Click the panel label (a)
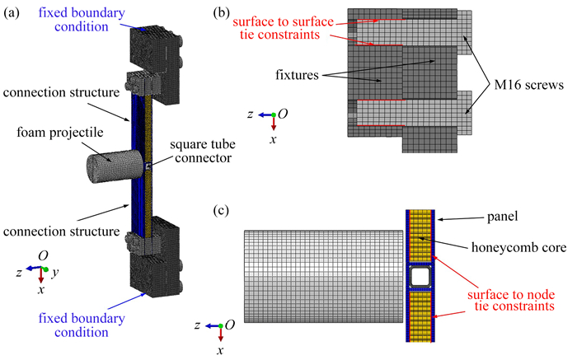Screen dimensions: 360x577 [14, 12]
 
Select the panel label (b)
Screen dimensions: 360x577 [222, 12]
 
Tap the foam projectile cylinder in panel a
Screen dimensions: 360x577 [111, 163]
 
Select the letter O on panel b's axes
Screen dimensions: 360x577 [282, 115]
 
